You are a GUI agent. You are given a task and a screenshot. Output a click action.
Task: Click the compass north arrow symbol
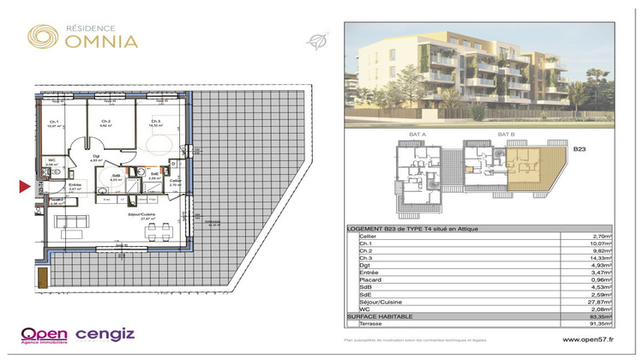tap(318, 39)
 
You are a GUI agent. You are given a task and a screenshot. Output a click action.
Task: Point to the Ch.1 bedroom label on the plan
tap(54, 123)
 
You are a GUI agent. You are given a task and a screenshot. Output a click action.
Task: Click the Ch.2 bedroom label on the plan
tap(105, 122)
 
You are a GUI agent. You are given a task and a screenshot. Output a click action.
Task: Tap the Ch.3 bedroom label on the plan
tap(155, 122)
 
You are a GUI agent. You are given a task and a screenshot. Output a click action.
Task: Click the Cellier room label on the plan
tap(175, 181)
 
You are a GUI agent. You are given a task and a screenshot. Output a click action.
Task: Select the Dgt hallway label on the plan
tap(96, 156)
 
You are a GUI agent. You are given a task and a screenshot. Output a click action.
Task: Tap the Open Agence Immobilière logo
tap(45, 334)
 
